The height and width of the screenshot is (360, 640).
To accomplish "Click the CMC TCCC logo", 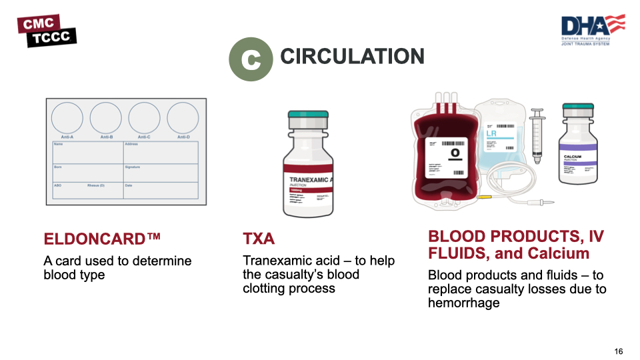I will tap(47, 31).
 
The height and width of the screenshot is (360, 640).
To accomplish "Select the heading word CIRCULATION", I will tap(352, 57).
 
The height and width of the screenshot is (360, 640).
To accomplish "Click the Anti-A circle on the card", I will tap(67, 118).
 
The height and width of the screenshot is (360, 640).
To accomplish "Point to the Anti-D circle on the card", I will tap(183, 118).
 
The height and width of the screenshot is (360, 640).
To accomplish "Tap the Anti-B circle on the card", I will tap(105, 118).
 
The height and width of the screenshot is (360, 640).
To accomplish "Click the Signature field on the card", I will tap(160, 173).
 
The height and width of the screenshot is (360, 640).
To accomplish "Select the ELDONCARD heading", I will tap(102, 239).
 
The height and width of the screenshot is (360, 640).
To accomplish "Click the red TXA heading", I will tap(259, 239).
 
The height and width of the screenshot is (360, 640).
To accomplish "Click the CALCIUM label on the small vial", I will tap(573, 157).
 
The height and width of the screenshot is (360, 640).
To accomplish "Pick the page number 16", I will tap(619, 351).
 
